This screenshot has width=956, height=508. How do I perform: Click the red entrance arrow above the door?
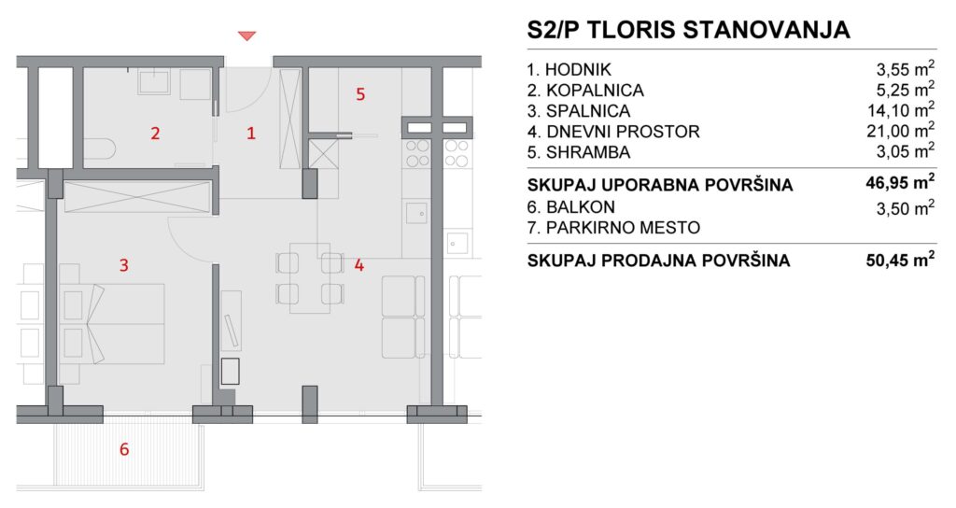(246, 36)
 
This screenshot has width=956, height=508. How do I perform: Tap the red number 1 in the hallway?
(250, 133)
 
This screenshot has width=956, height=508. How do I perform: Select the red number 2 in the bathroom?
(155, 133)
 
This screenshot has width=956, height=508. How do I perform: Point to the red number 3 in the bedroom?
(124, 264)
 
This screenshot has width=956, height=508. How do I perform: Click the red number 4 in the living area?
(359, 264)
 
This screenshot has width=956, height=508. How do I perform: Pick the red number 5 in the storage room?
(360, 94)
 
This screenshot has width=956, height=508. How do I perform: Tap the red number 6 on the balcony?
(124, 449)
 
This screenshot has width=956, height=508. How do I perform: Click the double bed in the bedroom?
(112, 324)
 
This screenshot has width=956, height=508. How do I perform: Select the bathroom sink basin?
(154, 82)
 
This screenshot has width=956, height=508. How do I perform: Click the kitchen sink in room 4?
(416, 214)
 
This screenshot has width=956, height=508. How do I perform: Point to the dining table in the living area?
(310, 278)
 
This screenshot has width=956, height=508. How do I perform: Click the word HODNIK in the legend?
(578, 70)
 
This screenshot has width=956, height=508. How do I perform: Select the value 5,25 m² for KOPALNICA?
(906, 90)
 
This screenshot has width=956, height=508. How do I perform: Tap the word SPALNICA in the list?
(588, 111)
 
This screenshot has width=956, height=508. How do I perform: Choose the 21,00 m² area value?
(901, 131)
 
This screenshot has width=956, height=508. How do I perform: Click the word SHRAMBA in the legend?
(588, 152)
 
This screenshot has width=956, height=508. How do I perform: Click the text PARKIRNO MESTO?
(623, 228)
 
